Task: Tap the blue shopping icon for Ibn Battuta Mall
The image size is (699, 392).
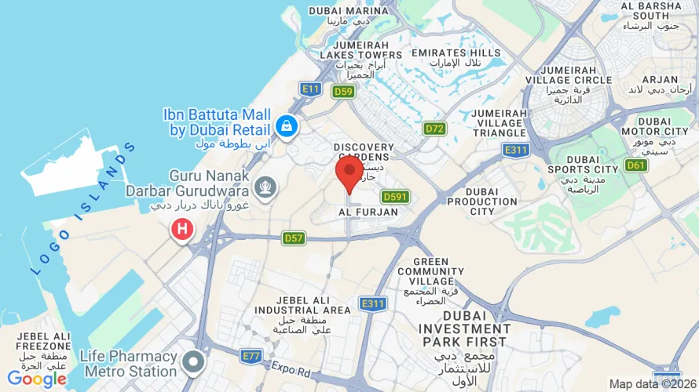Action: (286, 125)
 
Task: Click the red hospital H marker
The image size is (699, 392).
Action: (182, 229)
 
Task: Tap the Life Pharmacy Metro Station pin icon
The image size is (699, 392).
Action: (193, 362)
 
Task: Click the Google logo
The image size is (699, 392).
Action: (36, 379)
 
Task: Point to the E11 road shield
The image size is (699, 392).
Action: (311, 89)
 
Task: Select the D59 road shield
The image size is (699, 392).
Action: (342, 92)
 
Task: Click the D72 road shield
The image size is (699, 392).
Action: (434, 129)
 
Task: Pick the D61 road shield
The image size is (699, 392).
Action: (636, 165)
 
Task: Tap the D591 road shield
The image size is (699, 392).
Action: (395, 197)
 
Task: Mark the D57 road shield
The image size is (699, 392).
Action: (294, 238)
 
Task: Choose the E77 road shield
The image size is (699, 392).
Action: (251, 356)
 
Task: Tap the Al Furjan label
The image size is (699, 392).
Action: (368, 212)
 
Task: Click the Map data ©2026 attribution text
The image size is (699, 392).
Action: (653, 383)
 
